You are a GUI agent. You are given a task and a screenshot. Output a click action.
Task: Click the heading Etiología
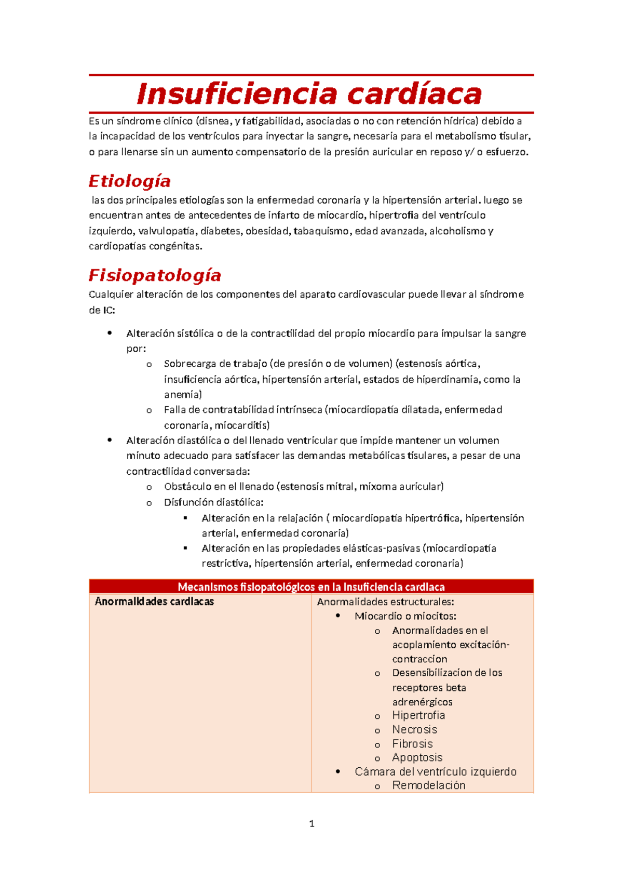(129, 181)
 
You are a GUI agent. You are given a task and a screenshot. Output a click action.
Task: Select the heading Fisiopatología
(155, 275)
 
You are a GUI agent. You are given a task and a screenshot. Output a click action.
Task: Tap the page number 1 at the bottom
(311, 823)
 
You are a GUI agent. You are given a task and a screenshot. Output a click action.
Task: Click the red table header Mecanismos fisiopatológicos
(311, 587)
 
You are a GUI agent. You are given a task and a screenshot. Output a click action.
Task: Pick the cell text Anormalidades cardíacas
(154, 602)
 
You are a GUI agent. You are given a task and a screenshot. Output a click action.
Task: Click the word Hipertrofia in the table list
(418, 715)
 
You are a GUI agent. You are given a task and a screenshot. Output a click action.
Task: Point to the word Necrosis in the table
(415, 729)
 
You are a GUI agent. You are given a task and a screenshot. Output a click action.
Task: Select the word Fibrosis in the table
(412, 743)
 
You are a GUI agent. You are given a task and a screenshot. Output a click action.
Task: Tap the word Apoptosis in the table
(417, 757)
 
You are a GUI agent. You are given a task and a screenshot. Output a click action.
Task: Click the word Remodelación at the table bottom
(429, 785)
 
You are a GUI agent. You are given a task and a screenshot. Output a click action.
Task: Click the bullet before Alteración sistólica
(110, 333)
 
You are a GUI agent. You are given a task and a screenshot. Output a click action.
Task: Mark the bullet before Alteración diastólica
(110, 440)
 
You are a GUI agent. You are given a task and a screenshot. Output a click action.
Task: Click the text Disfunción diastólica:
(213, 502)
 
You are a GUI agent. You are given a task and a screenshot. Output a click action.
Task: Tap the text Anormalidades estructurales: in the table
(385, 602)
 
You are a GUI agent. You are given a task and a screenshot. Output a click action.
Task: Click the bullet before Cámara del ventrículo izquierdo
(338, 771)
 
